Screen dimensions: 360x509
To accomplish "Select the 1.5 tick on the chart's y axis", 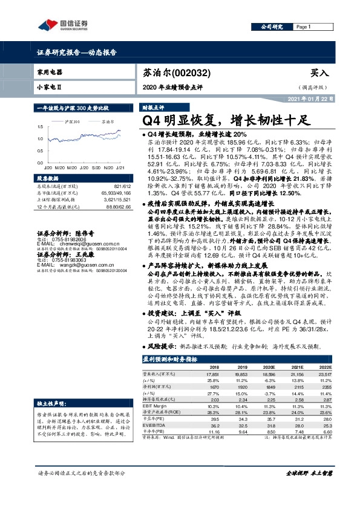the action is click(39, 126).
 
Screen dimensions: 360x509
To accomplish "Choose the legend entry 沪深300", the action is click(73, 122).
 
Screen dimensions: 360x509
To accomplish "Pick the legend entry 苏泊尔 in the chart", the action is click(109, 122).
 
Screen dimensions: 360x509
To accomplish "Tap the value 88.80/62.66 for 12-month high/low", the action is click(106, 207).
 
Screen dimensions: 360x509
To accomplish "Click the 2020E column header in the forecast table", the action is click(266, 366).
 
